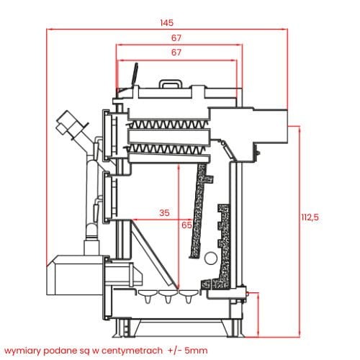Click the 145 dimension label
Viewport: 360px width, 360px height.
tap(166, 23)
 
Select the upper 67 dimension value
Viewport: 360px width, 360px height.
tap(176, 38)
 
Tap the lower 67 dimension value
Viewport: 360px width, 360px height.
tap(176, 53)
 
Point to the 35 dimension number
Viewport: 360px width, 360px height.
tap(164, 212)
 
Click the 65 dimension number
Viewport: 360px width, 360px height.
tap(186, 225)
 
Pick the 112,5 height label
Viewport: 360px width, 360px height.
tap(310, 217)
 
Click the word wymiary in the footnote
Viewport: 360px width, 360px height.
tap(23, 351)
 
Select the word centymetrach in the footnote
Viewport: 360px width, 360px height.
tap(132, 351)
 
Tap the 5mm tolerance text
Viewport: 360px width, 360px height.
tap(197, 351)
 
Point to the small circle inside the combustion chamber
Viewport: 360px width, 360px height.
tap(211, 258)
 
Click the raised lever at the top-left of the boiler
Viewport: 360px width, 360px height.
tap(135, 74)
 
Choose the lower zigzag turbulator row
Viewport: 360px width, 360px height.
tap(166, 149)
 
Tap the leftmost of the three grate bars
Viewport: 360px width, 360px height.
tap(148, 295)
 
